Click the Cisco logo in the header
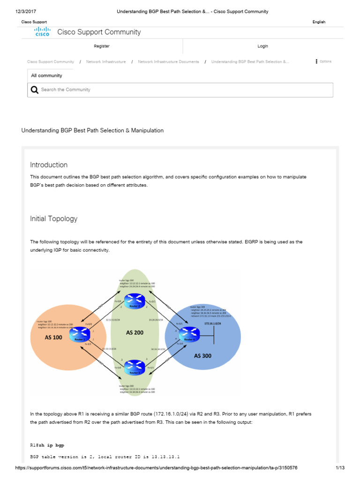tap(43, 32)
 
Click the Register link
tap(102, 46)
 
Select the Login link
tap(262, 46)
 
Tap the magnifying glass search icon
tap(35, 90)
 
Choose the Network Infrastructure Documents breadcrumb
tap(168, 62)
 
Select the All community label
tap(46, 75)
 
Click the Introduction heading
tap(49, 165)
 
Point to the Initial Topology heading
tap(54, 219)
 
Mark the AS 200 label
tap(135, 332)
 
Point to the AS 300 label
tap(203, 356)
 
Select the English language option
tap(319, 22)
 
